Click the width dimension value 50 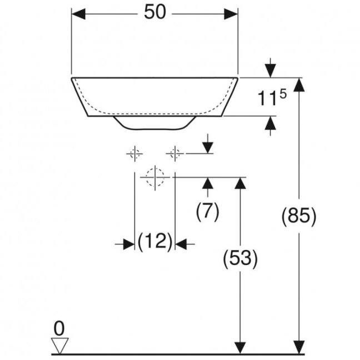(x=155, y=12)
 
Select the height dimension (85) (x=299, y=216)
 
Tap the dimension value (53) (x=240, y=259)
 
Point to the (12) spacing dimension (x=155, y=241)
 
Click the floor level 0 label (x=59, y=328)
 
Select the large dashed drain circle (x=155, y=177)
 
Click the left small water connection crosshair (x=134, y=153)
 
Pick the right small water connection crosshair (x=175, y=153)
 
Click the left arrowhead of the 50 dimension (x=78, y=14)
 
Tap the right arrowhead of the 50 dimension (x=231, y=14)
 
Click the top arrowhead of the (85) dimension (x=299, y=85)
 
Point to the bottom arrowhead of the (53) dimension (x=240, y=347)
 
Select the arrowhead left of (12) (x=128, y=244)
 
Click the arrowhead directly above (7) (x=208, y=184)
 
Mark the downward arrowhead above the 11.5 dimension (x=271, y=71)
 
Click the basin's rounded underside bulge (x=155, y=123)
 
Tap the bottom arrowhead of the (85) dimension (x=299, y=347)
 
